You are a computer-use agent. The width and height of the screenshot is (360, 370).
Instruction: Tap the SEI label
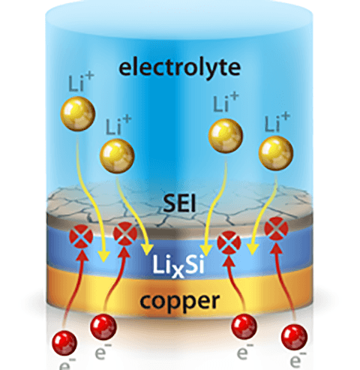coord(179,201)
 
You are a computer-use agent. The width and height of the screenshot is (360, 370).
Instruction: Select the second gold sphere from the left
coord(118,154)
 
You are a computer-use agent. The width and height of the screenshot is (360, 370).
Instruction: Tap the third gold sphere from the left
coord(223,134)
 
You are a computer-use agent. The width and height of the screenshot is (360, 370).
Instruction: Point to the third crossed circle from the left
coord(227,242)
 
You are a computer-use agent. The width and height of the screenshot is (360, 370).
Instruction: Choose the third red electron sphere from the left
coord(241,326)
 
